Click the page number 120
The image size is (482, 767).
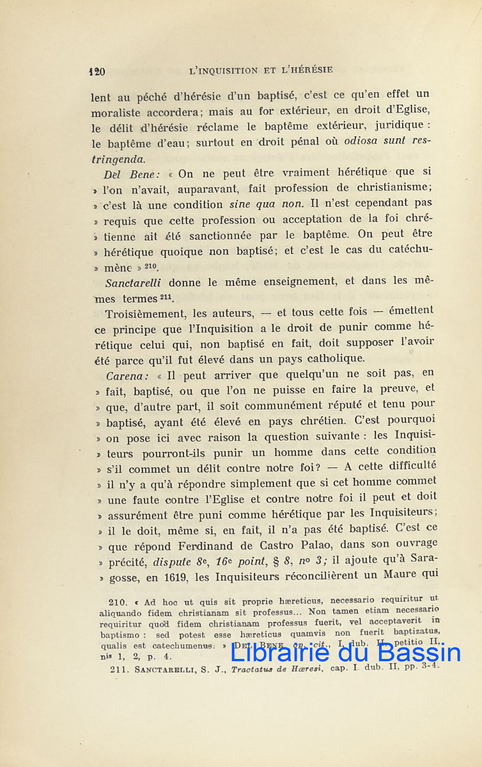pyautogui.click(x=97, y=71)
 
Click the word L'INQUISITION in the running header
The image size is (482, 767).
pyautogui.click(x=224, y=70)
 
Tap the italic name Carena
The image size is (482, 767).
pyautogui.click(x=127, y=375)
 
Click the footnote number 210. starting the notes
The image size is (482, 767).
pyautogui.click(x=120, y=602)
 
